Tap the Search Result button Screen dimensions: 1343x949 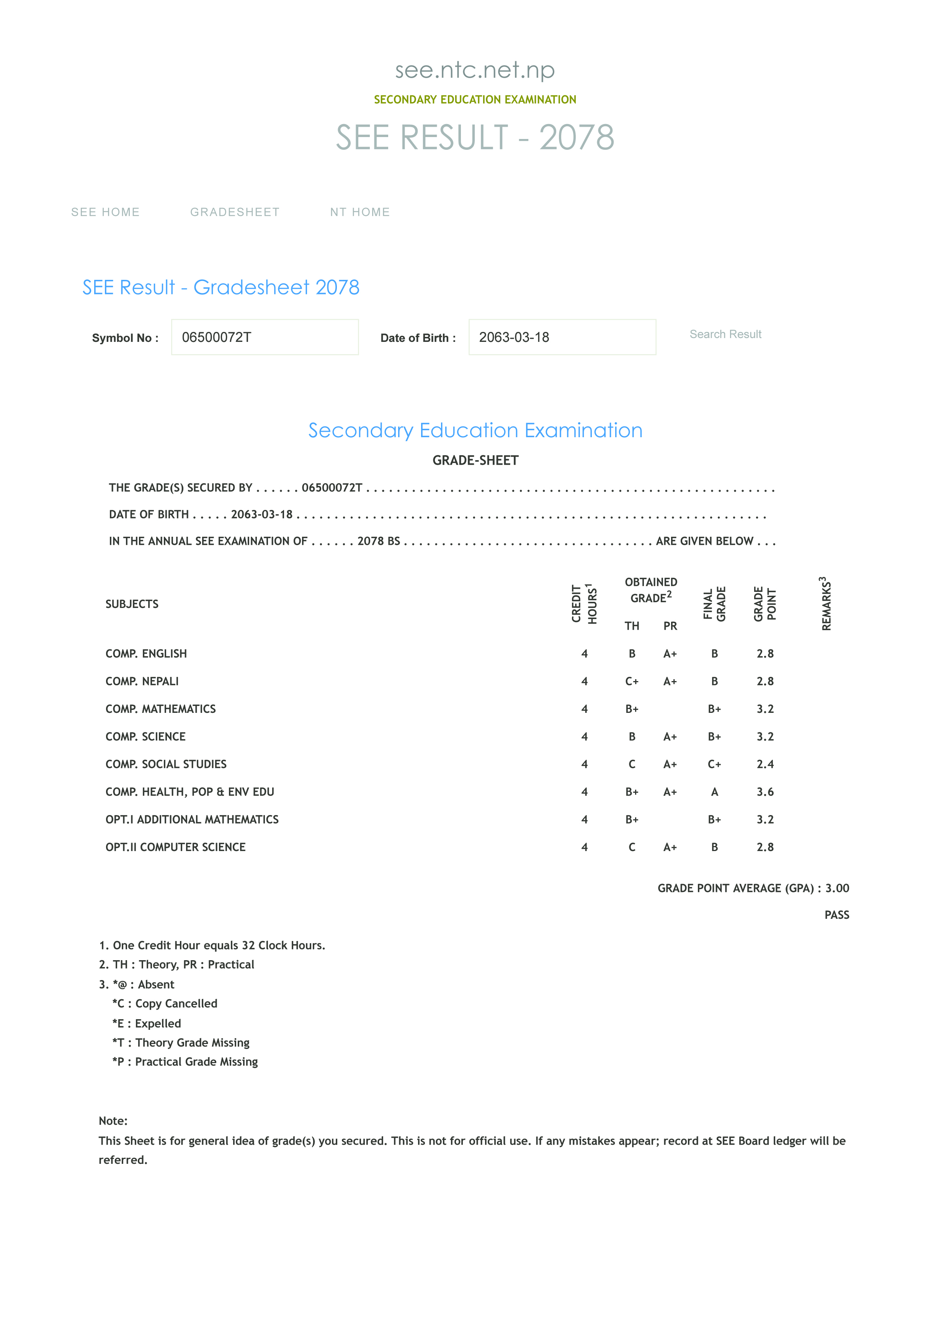coord(725,334)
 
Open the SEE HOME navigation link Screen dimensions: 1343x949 coord(105,212)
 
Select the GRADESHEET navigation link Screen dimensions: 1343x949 coord(234,212)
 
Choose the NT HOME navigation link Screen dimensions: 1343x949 coord(359,212)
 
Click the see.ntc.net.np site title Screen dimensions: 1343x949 coord(475,70)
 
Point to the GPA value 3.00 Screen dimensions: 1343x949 coord(837,888)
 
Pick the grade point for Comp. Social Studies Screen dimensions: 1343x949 coord(765,764)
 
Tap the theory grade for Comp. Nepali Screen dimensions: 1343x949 coord(632,681)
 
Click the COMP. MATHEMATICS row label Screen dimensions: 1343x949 coord(161,709)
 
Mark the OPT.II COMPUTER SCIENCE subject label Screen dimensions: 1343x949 coord(175,847)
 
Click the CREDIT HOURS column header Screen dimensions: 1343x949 coord(584,604)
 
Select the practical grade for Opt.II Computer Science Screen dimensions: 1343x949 coord(670,847)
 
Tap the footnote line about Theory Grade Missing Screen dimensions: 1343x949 coord(181,1042)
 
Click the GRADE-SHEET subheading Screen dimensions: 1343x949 coord(475,460)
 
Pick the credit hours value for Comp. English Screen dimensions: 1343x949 coord(584,654)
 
